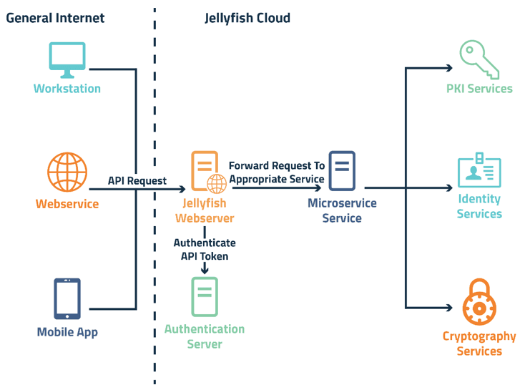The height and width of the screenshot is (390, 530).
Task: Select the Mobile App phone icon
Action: click(x=67, y=298)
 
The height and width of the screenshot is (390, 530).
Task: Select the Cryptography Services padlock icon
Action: click(x=479, y=303)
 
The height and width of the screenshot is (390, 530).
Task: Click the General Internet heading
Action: click(x=55, y=18)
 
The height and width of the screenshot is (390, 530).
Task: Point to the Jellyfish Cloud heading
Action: click(x=247, y=18)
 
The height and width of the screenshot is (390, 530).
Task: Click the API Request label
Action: click(x=137, y=181)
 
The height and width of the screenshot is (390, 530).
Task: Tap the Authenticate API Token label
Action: click(x=205, y=249)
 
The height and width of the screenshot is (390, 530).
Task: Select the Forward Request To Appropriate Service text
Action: click(x=277, y=172)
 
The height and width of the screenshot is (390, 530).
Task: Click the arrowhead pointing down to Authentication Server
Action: click(x=205, y=269)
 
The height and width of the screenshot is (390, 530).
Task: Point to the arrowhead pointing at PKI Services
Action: click(x=448, y=69)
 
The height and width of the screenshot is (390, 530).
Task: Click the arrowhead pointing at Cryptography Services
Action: click(x=448, y=308)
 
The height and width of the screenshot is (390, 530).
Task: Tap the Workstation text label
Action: click(x=67, y=89)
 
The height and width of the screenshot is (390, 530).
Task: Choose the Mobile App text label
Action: click(x=67, y=332)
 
